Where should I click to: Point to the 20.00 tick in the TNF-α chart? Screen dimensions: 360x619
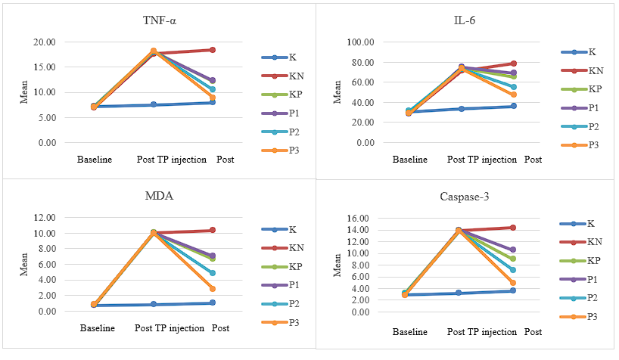(45, 42)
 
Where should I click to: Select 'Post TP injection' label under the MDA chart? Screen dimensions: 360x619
(170, 328)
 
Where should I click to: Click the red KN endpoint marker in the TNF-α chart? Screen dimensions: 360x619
(213, 50)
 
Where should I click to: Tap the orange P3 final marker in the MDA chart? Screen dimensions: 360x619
(213, 289)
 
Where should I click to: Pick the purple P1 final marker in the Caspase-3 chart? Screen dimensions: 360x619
(513, 250)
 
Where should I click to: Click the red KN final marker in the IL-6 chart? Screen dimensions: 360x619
(513, 64)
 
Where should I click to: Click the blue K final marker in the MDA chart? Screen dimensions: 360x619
(213, 303)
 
